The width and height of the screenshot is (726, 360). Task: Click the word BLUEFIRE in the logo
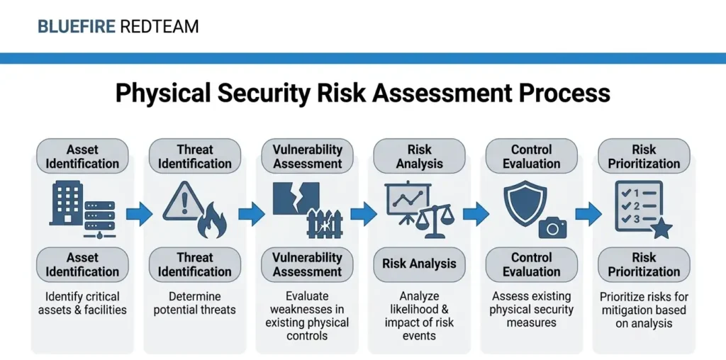pos(77,27)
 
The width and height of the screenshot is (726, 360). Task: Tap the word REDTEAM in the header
pos(160,27)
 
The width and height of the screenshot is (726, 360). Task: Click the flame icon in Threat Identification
pos(211,223)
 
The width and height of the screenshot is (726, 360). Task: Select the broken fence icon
pos(324,223)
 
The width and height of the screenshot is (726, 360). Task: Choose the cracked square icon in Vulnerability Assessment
pos(296,198)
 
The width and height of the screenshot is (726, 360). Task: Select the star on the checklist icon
pos(661,229)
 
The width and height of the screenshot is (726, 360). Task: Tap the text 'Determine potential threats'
pos(195,303)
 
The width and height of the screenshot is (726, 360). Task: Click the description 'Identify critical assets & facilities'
pos(82,303)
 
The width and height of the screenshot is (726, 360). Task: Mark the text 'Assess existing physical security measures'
pos(531,310)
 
